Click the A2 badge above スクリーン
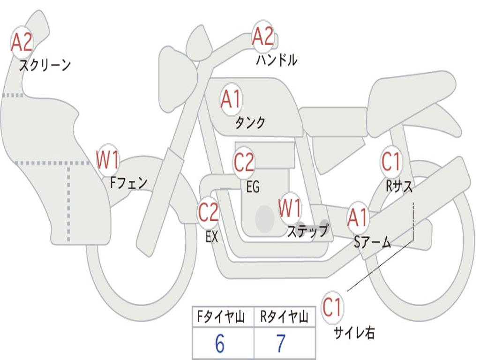coord(22,42)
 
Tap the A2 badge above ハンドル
coord(262,36)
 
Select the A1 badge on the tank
coord(232,99)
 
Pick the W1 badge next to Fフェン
coord(107,160)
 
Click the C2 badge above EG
coord(244,162)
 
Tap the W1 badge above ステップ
coord(290,208)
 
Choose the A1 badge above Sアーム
coord(357,217)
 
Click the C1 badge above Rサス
coord(391,161)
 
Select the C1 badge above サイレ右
coord(332,307)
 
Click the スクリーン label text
coord(45,65)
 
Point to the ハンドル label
coord(277,60)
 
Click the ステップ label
coord(308,231)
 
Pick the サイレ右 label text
coord(354,333)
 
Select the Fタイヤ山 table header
coord(221,316)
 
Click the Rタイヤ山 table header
coord(284,316)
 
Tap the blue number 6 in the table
coord(220,344)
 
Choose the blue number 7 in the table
coord(281,344)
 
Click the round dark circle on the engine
coord(265,218)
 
